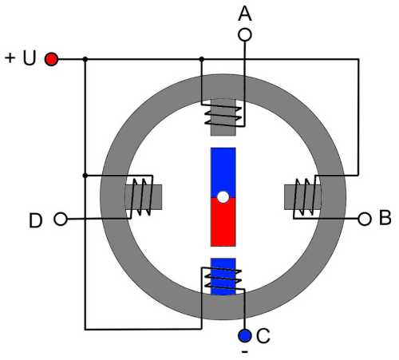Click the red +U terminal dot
pos(51,59)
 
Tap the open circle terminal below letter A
pos(245,35)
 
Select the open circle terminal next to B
pos(365,220)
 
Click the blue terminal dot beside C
pos(245,335)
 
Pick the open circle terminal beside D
pos(61,220)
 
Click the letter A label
pos(245,14)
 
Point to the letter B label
pos(385,218)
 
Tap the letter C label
pos(263,336)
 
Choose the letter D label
pos(36,220)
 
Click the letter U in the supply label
pos(30,58)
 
